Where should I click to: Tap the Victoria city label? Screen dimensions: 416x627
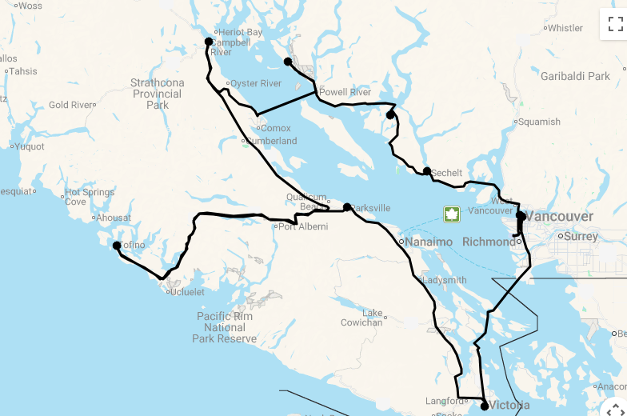click(509, 405)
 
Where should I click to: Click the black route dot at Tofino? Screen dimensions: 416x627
click(117, 246)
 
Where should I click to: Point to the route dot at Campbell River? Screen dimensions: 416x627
click(209, 42)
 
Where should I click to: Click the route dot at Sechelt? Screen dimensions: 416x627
click(427, 171)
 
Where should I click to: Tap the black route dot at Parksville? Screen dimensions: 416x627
click(347, 207)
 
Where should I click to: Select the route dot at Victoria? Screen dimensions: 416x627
click(485, 406)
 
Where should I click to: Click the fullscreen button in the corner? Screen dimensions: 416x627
click(615, 23)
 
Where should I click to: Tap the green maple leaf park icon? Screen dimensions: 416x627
click(452, 214)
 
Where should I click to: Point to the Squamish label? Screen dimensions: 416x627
click(539, 122)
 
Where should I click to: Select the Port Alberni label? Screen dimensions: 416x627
click(303, 226)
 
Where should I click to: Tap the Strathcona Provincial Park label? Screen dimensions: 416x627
click(158, 94)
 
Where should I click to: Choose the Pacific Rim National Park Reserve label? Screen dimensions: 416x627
click(225, 327)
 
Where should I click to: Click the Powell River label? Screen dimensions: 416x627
click(345, 93)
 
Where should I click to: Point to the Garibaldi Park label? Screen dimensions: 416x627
click(575, 77)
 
